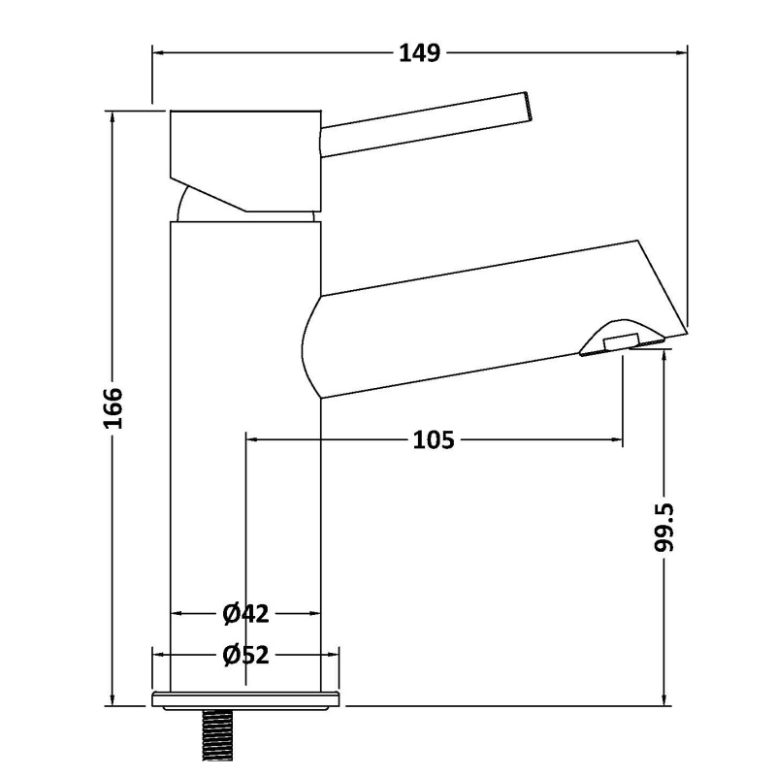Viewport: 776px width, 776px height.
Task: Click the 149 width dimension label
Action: tap(420, 52)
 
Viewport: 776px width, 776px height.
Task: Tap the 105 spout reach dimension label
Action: tap(433, 441)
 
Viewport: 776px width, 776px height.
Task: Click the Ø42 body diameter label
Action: tap(245, 613)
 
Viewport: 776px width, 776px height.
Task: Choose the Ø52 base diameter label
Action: tap(245, 656)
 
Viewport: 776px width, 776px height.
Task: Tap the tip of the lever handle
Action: tap(527, 107)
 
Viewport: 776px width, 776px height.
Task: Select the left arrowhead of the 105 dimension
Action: tap(250, 441)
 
